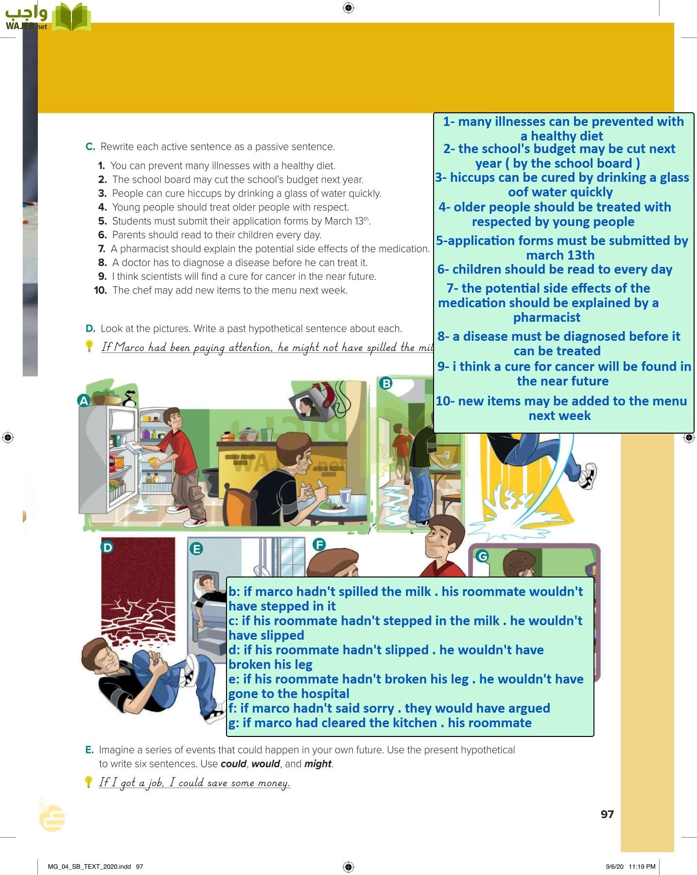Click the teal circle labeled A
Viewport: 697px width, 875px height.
coord(84,401)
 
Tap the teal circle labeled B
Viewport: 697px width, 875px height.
coord(386,383)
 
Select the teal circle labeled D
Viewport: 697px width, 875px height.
coord(107,547)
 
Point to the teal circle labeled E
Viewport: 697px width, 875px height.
coord(196,549)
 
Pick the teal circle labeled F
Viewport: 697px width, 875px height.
coord(319,544)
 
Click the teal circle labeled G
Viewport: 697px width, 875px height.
coord(482,556)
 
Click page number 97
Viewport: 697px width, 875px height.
coord(607,814)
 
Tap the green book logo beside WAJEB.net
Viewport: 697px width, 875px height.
coord(71,17)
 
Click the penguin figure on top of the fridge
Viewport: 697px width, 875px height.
coord(130,398)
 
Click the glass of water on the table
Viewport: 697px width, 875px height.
coord(345,495)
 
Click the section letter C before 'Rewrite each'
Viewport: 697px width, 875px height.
coord(90,147)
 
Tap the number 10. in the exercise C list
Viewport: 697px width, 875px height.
coord(101,291)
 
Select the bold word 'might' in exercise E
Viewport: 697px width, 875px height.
coord(317,764)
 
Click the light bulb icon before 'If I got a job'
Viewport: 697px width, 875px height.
coord(88,782)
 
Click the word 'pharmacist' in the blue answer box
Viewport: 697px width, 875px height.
coord(546,317)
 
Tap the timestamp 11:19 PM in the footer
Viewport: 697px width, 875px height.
coord(642,866)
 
